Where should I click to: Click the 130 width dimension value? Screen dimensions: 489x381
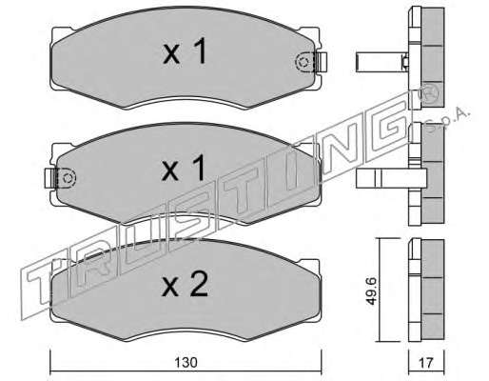click(x=186, y=362)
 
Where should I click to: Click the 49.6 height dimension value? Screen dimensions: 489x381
click(x=371, y=291)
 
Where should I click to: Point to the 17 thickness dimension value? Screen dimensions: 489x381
click(x=426, y=363)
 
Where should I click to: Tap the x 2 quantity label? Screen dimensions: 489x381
click(x=185, y=284)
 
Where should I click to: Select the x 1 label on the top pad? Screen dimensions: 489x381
click(x=186, y=50)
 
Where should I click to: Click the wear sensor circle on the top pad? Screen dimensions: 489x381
click(x=303, y=61)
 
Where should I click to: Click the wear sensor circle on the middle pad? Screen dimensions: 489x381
click(x=68, y=178)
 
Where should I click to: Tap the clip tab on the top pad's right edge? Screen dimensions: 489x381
click(x=321, y=61)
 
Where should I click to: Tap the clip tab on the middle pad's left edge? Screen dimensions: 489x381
click(x=50, y=178)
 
